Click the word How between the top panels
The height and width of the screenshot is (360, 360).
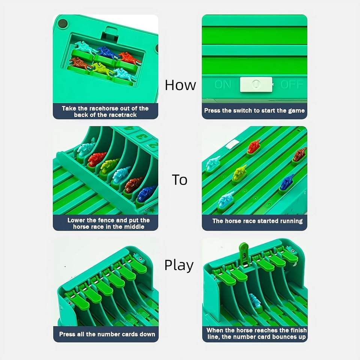pyautogui.click(x=180, y=85)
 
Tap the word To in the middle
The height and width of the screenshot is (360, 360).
pyautogui.click(x=180, y=180)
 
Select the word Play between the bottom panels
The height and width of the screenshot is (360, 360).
pyautogui.click(x=179, y=265)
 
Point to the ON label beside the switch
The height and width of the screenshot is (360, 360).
pyautogui.click(x=222, y=84)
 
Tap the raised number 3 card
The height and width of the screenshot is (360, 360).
pyautogui.click(x=244, y=254)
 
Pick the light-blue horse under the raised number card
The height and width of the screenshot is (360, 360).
pyautogui.click(x=255, y=300)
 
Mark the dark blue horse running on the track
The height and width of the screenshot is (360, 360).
pyautogui.click(x=286, y=182)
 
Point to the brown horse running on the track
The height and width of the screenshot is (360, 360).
pyautogui.click(x=300, y=155)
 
